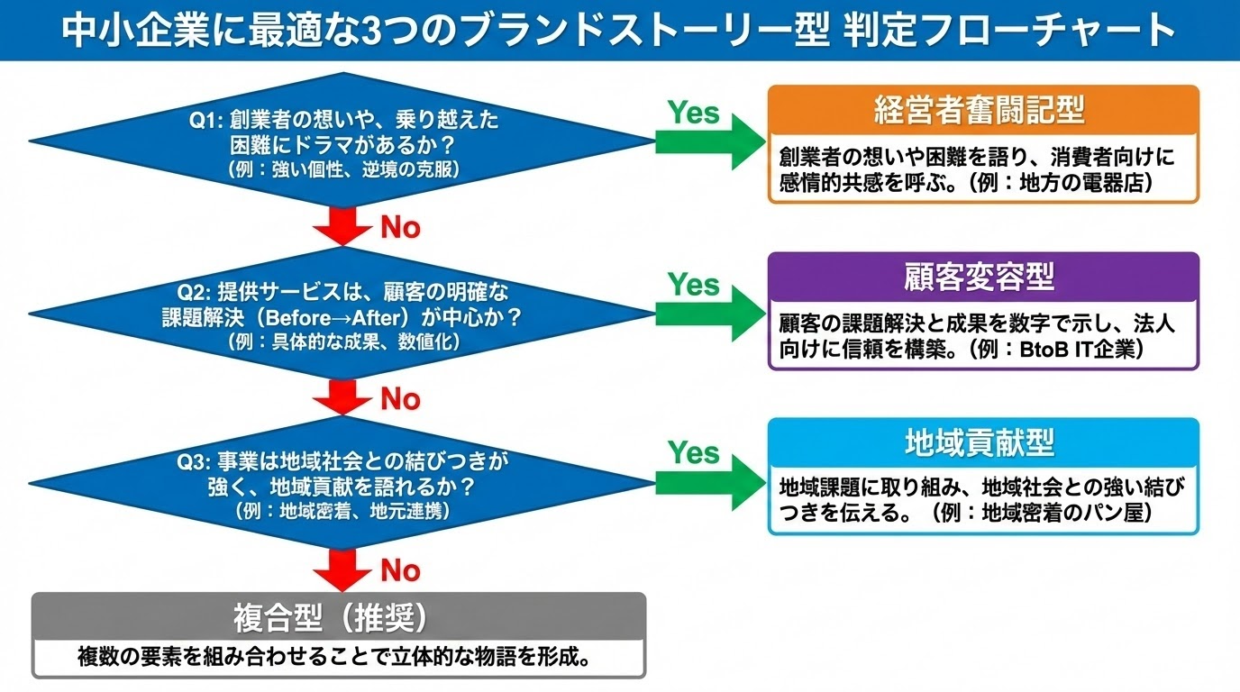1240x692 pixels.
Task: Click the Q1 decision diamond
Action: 343,142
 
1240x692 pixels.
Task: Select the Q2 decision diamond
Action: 343,315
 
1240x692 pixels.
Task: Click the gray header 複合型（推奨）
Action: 338,617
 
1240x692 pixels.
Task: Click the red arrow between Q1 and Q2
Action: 343,225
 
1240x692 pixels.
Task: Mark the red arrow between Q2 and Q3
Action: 343,396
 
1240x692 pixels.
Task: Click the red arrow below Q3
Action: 343,569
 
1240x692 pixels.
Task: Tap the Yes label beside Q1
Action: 693,113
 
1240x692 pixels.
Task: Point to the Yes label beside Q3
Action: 693,452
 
